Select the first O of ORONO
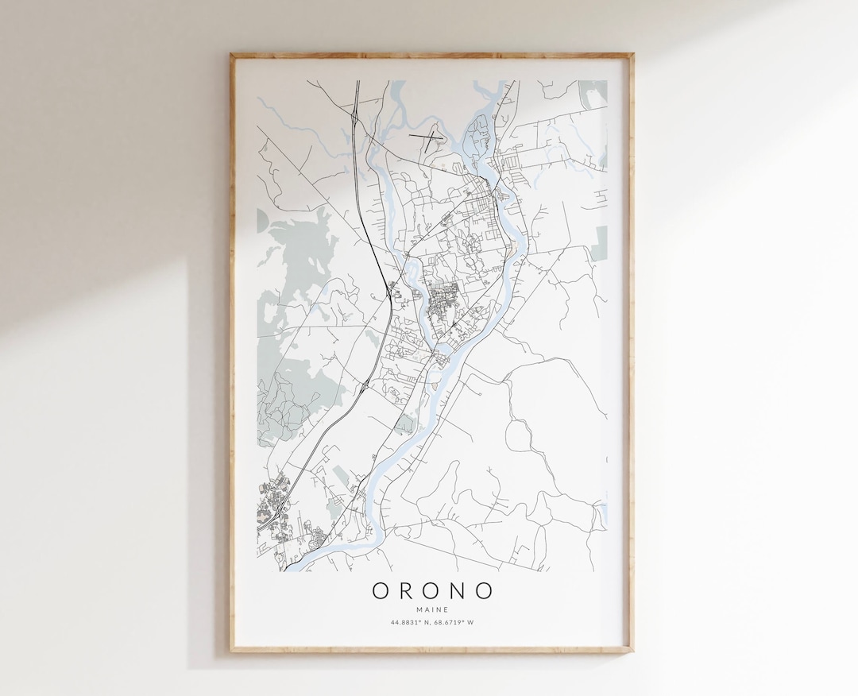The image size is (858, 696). (x=381, y=591)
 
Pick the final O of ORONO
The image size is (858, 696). (x=483, y=591)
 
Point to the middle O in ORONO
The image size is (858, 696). (x=432, y=591)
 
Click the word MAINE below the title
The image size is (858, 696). (x=432, y=609)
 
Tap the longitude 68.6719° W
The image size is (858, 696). (x=455, y=622)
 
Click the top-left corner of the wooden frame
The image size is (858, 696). (x=232, y=55)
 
